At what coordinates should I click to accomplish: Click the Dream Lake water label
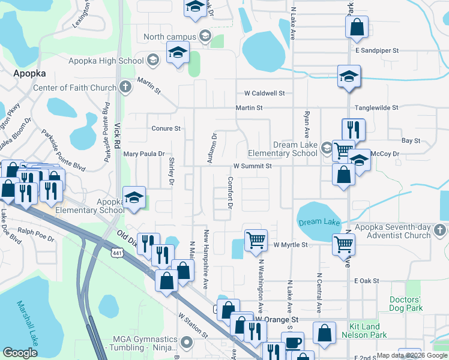pos(319,222)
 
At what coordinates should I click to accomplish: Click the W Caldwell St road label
pos(264,94)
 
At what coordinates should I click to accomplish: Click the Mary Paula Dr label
pos(143,154)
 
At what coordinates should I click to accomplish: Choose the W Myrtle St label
pos(290,245)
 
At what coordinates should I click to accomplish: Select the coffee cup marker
pos(292,343)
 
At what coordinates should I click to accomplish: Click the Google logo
pos(20,353)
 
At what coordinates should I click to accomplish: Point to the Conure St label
pos(166,128)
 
